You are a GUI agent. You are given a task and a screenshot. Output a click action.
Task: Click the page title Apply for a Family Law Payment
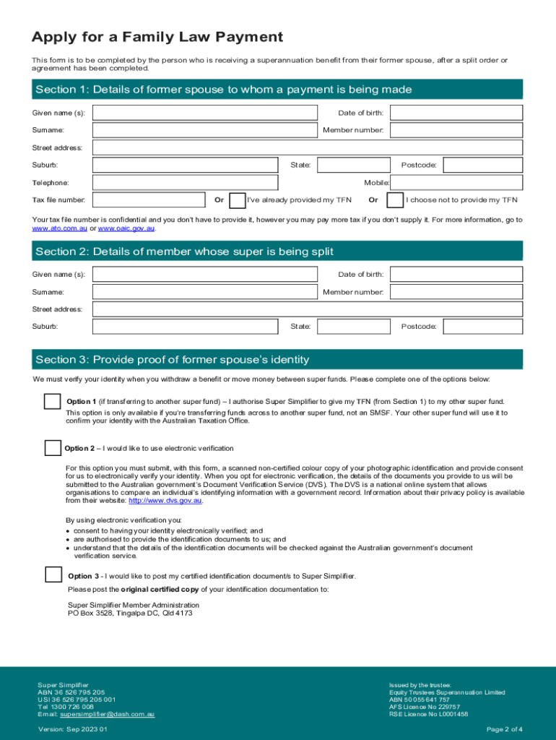click(x=157, y=37)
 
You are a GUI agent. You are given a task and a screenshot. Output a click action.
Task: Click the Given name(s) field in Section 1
click(x=205, y=113)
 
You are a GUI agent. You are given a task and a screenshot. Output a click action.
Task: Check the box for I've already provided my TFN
click(x=237, y=200)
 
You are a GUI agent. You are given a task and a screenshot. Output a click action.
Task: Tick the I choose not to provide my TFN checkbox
click(x=395, y=200)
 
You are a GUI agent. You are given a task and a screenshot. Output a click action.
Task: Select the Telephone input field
click(x=185, y=183)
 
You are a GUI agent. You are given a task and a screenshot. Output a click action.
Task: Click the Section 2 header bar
click(x=277, y=251)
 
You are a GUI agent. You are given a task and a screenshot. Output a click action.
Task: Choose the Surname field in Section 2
click(x=205, y=292)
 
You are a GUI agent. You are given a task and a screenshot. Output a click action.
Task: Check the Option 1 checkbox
click(x=53, y=402)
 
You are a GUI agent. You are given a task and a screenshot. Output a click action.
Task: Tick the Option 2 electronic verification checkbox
click(x=53, y=448)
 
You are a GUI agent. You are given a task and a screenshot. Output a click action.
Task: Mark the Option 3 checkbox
click(x=53, y=575)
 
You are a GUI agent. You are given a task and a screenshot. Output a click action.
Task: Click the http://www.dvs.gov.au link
click(x=165, y=500)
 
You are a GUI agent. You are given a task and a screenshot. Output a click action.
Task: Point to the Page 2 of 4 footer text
click(x=505, y=729)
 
